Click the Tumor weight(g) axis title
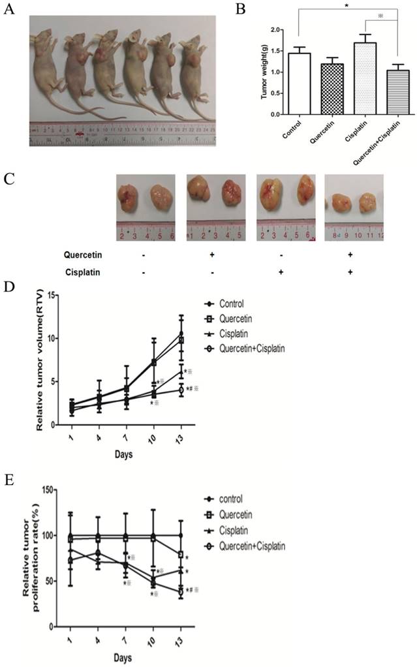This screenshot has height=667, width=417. [265, 72]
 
